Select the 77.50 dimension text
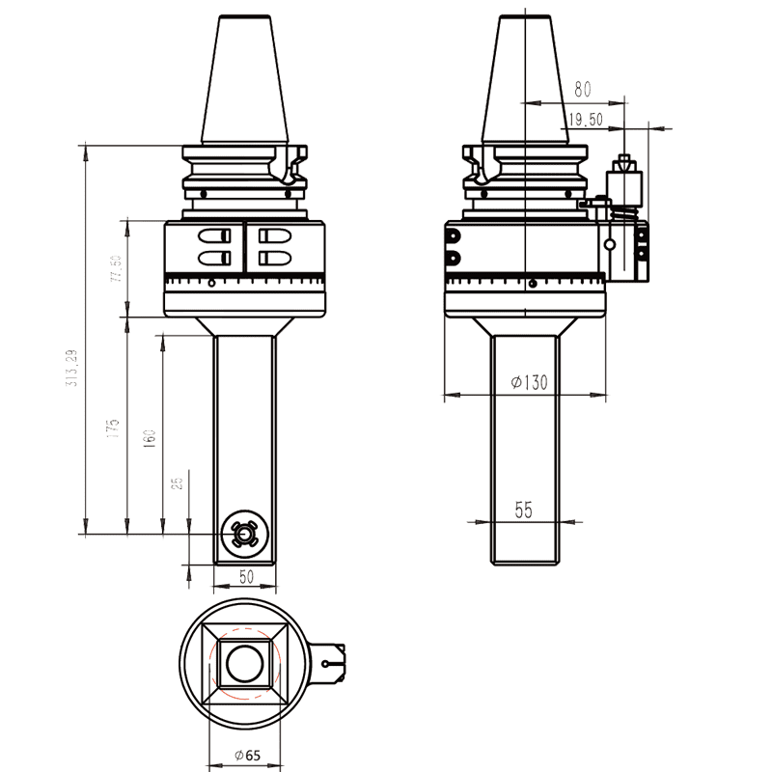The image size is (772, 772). pyautogui.click(x=116, y=268)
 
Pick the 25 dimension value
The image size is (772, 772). pyautogui.click(x=177, y=482)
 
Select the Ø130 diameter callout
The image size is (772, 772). pyautogui.click(x=528, y=382)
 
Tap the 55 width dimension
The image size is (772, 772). pyautogui.click(x=523, y=510)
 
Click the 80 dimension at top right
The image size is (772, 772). pyautogui.click(x=582, y=90)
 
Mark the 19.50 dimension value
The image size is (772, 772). pyautogui.click(x=586, y=120)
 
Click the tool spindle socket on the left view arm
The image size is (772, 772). pyautogui.click(x=243, y=533)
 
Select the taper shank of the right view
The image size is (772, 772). pyautogui.click(x=526, y=82)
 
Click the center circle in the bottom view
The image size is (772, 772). pyautogui.click(x=243, y=663)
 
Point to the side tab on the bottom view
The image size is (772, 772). pyautogui.click(x=330, y=663)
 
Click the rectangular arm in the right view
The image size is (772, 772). pyautogui.click(x=525, y=449)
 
